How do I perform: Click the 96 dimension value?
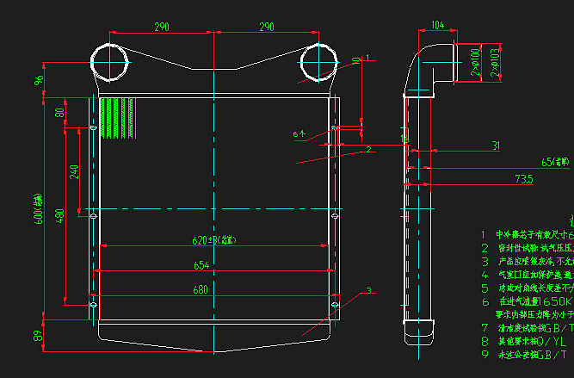(39, 80)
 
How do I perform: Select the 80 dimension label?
(59, 113)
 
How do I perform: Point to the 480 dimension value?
(59, 215)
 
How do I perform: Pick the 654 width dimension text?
(201, 265)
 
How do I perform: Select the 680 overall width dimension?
(201, 290)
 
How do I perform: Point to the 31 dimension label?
(496, 146)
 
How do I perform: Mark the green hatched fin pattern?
(118, 118)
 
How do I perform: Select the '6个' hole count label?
(299, 134)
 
